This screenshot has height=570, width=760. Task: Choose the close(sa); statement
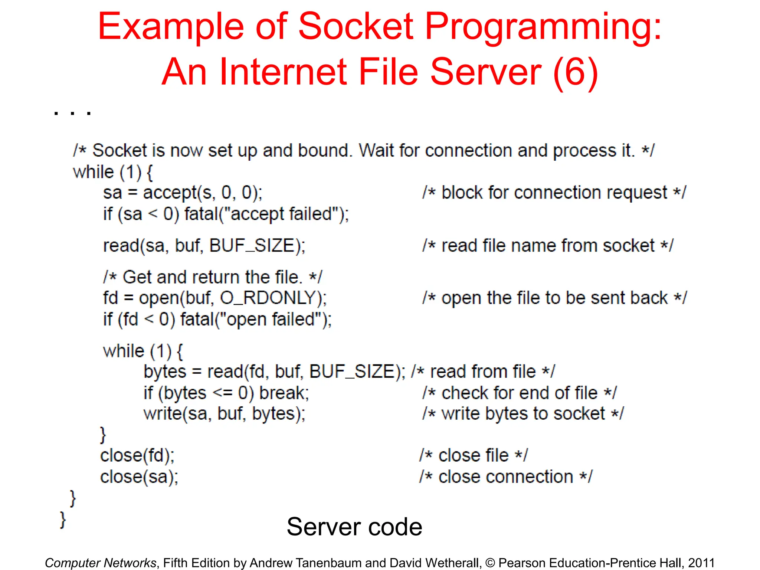(x=139, y=477)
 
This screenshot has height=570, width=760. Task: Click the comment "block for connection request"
(x=554, y=193)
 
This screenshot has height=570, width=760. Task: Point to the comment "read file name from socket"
(x=548, y=246)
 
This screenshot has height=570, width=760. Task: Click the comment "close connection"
(x=506, y=477)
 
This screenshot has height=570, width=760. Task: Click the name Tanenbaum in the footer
(x=332, y=563)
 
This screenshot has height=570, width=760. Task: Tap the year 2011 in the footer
(x=701, y=563)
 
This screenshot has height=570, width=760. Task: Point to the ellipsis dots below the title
(x=72, y=113)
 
